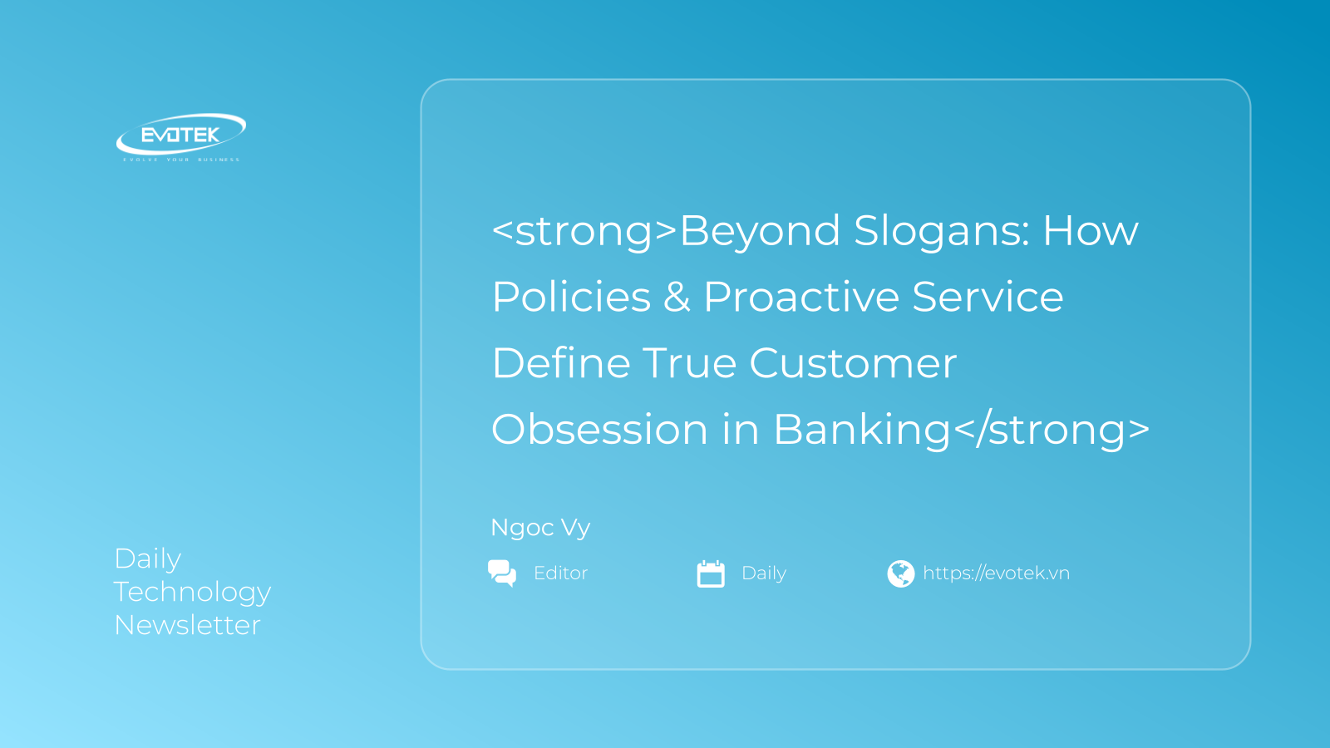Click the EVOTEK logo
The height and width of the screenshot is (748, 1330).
[180, 135]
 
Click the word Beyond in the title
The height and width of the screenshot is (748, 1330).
[760, 231]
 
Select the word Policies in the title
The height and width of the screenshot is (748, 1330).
[571, 298]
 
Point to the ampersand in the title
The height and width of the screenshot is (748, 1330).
[677, 298]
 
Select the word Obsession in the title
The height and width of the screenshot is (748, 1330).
[599, 430]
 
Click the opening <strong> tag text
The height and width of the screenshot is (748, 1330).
[584, 231]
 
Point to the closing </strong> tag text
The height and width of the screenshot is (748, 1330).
[1052, 430]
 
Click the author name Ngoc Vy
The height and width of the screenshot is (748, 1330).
[540, 528]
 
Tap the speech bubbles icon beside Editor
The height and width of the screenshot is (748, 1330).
[502, 573]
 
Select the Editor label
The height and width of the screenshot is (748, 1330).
[560, 573]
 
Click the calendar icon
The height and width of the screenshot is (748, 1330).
[711, 573]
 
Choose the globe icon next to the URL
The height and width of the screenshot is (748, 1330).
[900, 573]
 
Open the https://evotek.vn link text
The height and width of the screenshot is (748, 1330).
[996, 573]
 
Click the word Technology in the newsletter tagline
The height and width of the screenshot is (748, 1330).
[192, 593]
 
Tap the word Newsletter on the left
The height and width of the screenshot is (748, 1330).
[188, 625]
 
